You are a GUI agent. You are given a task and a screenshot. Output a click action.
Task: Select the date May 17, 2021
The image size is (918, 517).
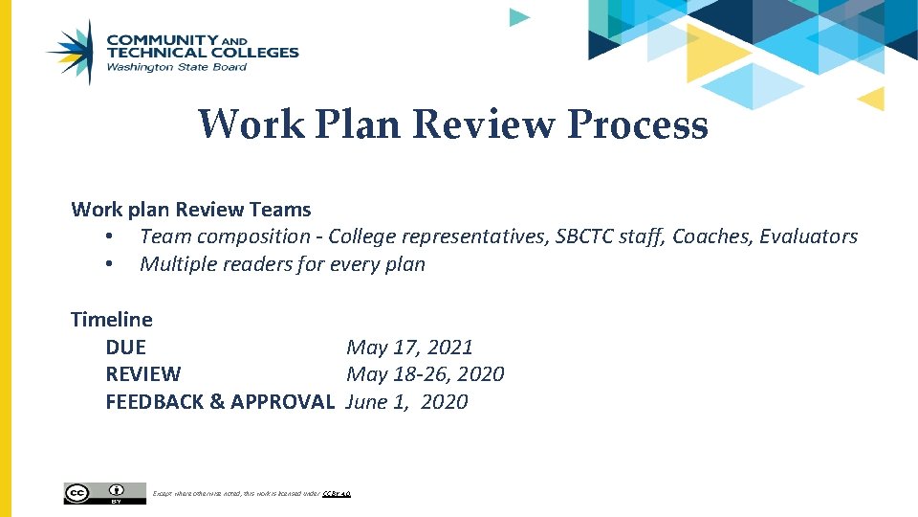coord(409,347)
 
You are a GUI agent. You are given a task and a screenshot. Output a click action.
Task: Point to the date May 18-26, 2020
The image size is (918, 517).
coord(425,373)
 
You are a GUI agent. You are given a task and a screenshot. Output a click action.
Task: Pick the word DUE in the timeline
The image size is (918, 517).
coord(125,347)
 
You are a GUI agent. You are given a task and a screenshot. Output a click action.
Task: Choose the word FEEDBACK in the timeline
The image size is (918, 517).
coord(153,401)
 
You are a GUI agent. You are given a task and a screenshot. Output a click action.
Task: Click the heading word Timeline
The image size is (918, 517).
coord(111,319)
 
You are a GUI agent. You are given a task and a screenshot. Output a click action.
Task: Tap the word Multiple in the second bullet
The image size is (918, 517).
coord(179,263)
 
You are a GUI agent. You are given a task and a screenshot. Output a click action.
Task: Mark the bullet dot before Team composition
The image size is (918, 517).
coord(111,236)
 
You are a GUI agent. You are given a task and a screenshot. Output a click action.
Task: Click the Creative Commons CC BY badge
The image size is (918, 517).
coord(104,493)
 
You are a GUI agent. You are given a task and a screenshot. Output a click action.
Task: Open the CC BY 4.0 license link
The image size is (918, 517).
coord(338,494)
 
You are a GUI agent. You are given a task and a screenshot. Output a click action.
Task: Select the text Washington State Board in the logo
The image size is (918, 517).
coord(176,67)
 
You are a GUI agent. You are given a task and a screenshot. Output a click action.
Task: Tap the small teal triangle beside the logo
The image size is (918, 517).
coord(518,16)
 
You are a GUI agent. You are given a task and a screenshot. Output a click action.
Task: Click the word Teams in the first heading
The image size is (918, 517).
coord(283,209)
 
